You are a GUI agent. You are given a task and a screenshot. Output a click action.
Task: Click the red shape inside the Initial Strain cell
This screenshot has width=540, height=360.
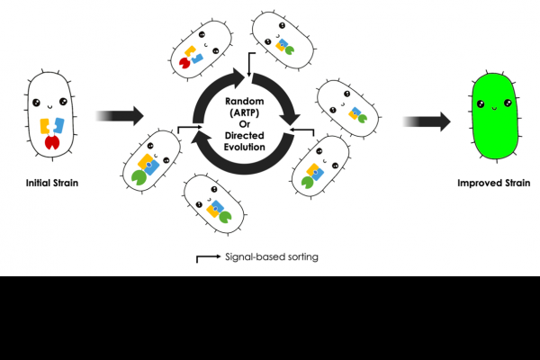pos(50,142)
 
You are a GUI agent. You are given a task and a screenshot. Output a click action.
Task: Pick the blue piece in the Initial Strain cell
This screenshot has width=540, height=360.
pos(57,125)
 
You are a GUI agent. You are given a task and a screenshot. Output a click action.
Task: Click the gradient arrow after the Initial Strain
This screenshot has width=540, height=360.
pos(119,115)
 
